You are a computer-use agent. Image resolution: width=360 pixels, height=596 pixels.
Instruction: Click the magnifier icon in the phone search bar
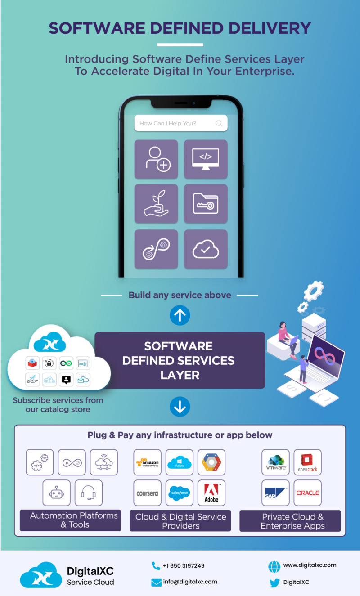pyautogui.click(x=219, y=123)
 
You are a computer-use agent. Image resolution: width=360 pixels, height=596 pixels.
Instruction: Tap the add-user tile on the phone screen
pyautogui.click(x=156, y=159)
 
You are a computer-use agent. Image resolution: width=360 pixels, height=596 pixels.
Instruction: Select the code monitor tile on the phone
pyautogui.click(x=206, y=159)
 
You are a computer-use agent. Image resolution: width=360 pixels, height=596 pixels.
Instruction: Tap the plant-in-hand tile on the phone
pyautogui.click(x=156, y=204)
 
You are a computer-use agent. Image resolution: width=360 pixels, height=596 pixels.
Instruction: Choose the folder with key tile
pyautogui.click(x=206, y=204)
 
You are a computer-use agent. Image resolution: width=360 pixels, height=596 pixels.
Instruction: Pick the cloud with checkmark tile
pyautogui.click(x=206, y=249)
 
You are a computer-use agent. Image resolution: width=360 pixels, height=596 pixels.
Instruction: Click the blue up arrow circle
pyautogui.click(x=180, y=316)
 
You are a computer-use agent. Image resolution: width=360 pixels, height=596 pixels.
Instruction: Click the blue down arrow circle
pyautogui.click(x=180, y=408)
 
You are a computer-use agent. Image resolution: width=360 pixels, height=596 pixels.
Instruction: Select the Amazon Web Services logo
pyautogui.click(x=148, y=462)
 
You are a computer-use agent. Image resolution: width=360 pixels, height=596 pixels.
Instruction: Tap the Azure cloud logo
pyautogui.click(x=180, y=462)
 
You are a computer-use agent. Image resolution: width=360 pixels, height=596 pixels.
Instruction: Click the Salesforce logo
pyautogui.click(x=180, y=493)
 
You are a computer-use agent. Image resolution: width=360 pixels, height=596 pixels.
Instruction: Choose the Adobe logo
pyautogui.click(x=211, y=493)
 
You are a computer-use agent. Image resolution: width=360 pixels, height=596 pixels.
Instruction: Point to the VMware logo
pyautogui.click(x=276, y=462)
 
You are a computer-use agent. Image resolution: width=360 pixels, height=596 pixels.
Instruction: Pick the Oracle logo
pyautogui.click(x=308, y=493)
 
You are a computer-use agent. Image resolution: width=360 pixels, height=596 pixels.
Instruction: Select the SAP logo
pyautogui.click(x=276, y=493)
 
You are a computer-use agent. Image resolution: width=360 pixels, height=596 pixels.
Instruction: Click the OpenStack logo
pyautogui.click(x=308, y=462)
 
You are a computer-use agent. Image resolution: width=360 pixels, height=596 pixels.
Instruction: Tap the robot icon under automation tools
pyautogui.click(x=57, y=493)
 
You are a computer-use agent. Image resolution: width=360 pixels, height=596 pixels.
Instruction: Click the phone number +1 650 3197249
pyautogui.click(x=183, y=566)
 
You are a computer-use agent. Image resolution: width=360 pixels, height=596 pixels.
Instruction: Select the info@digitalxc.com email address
pyautogui.click(x=190, y=582)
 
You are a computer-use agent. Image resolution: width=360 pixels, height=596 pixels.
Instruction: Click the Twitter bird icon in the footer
pyautogui.click(x=274, y=583)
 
